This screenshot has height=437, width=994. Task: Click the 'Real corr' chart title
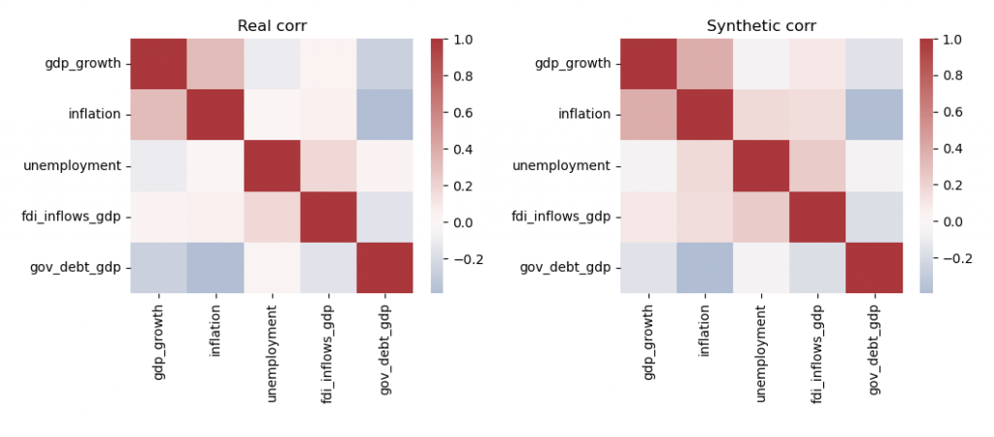pyautogui.click(x=272, y=26)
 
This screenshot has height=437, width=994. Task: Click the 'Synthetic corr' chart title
pyautogui.click(x=761, y=26)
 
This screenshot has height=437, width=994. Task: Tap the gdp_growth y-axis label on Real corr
pyautogui.click(x=83, y=64)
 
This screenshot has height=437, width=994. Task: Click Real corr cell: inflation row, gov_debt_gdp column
pyautogui.click(x=384, y=115)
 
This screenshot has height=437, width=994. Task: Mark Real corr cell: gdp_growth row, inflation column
pyautogui.click(x=215, y=64)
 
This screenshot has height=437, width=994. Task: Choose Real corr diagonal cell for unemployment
pyautogui.click(x=272, y=165)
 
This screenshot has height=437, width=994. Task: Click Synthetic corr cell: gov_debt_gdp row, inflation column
pyautogui.click(x=705, y=266)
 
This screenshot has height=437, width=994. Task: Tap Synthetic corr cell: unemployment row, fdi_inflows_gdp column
pyautogui.click(x=817, y=165)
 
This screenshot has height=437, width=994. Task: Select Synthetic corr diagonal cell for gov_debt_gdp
pyautogui.click(x=874, y=266)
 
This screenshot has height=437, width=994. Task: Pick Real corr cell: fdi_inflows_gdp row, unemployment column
pyautogui.click(x=272, y=216)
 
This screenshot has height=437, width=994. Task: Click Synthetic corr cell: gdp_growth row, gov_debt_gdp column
pyautogui.click(x=874, y=64)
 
